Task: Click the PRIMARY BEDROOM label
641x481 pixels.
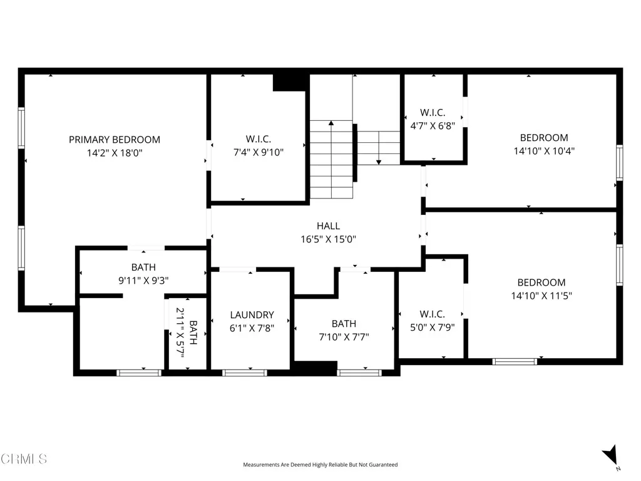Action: (115, 140)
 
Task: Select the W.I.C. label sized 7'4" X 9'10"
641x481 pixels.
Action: (258, 139)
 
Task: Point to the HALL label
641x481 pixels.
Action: (328, 226)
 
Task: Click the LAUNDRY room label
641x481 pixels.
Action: (252, 315)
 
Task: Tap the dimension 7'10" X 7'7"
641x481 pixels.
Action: (344, 336)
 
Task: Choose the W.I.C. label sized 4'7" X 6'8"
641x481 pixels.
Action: (432, 113)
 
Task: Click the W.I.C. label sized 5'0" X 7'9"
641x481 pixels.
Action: (432, 314)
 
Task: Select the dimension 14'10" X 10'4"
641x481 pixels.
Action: (544, 150)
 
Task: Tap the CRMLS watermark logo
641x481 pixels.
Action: (24, 459)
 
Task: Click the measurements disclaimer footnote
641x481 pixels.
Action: (320, 465)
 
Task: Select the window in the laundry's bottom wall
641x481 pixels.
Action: (245, 373)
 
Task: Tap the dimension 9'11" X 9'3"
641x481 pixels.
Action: (143, 281)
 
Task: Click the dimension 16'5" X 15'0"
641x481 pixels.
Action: (328, 239)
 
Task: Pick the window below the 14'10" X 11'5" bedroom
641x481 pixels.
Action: (515, 361)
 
